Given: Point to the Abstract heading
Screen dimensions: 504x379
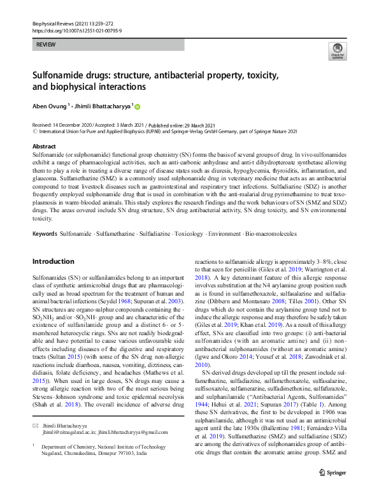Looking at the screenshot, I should click(44, 146).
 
